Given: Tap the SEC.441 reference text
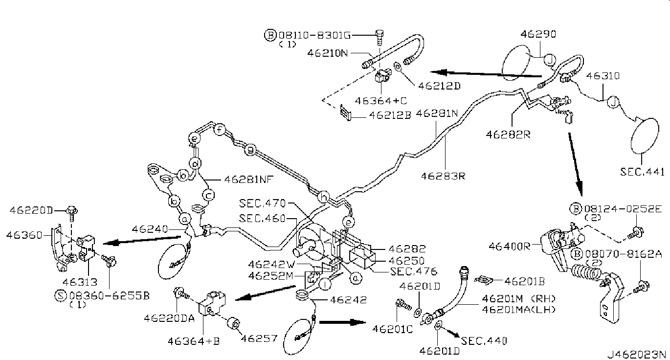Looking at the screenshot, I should [643, 172].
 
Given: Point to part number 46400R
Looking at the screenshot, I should [510, 247].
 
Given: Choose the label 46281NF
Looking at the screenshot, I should [248, 179].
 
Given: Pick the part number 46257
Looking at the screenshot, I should [259, 338].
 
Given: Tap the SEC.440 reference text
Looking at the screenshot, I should [484, 340].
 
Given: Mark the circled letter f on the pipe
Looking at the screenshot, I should [220, 130].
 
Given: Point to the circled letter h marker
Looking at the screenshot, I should [323, 197].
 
